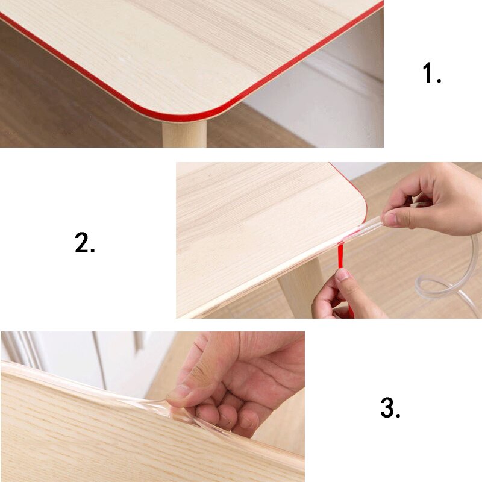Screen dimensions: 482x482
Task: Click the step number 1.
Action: [x=431, y=74]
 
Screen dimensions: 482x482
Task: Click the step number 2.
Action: [x=85, y=243]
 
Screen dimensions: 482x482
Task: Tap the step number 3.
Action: [x=390, y=409]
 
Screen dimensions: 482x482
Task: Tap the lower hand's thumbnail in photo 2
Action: [x=342, y=275]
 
